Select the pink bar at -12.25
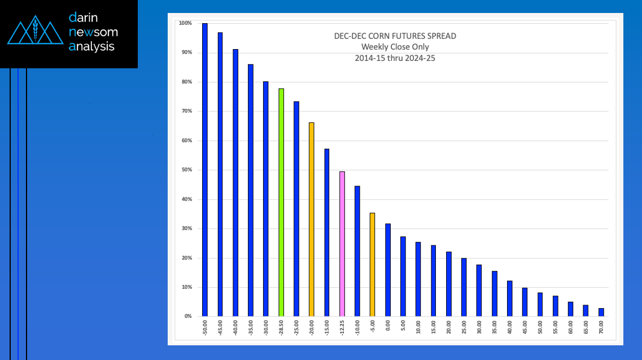point(342,244)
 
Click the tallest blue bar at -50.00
point(205,169)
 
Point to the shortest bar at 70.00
point(601,312)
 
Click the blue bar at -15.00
point(326,232)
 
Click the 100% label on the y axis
point(185,23)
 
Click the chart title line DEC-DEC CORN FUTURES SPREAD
point(395,36)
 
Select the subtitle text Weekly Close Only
point(395,47)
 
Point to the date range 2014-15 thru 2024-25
point(395,58)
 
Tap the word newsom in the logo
point(93,32)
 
